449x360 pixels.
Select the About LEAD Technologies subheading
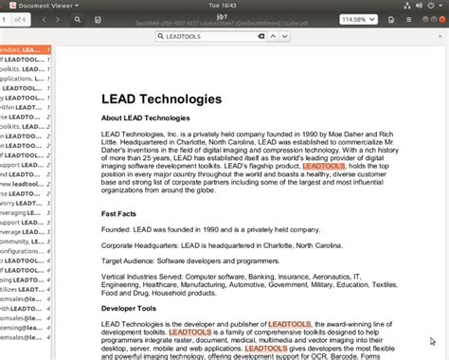coord(146,117)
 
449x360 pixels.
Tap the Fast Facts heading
coord(122,213)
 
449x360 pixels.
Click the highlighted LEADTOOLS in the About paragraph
coord(350,167)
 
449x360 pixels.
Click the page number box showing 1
coord(6,19)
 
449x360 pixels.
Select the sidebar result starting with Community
coord(23,242)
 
